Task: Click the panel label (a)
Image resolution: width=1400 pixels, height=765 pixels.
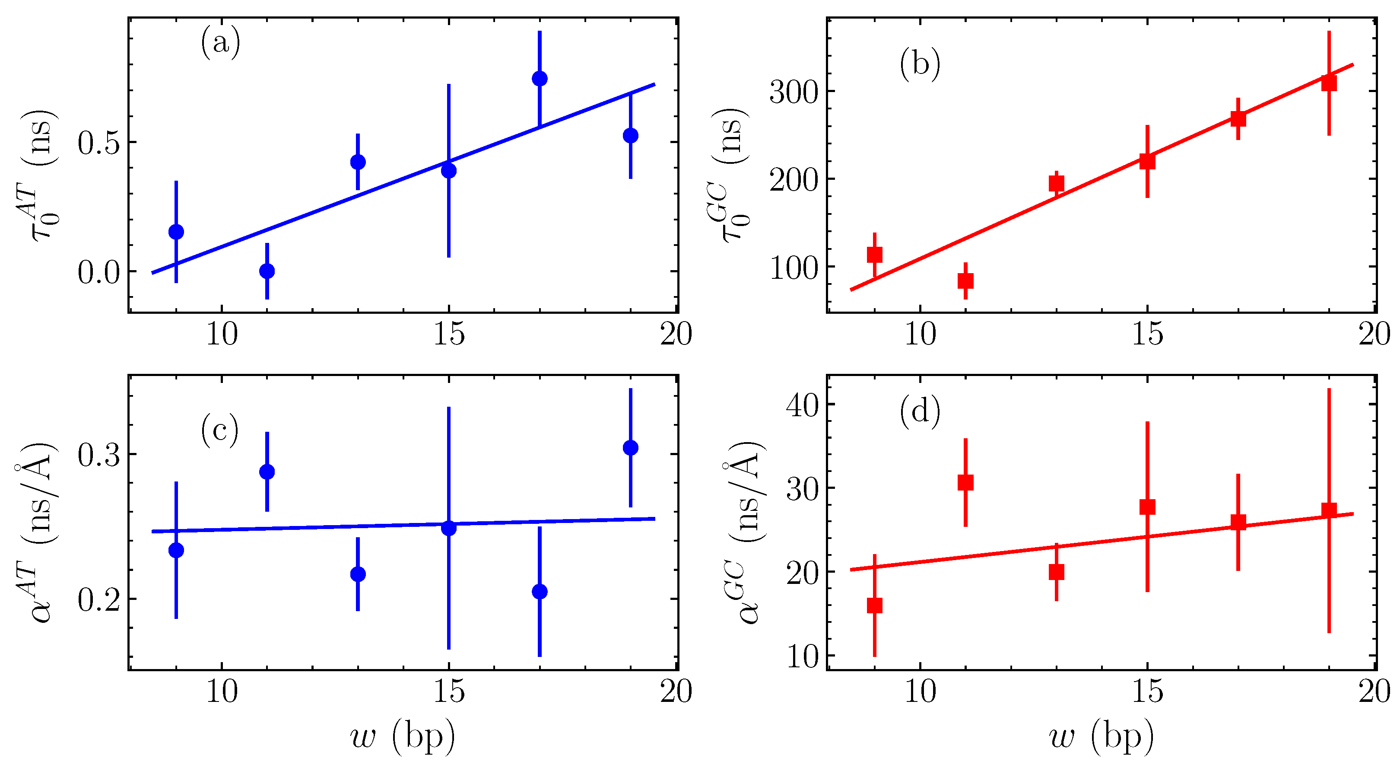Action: [220, 43]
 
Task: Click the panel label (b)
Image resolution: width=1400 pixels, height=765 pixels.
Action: [920, 64]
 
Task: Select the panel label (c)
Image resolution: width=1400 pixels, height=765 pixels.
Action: [219, 430]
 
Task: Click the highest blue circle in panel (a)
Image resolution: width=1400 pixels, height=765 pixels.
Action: [539, 78]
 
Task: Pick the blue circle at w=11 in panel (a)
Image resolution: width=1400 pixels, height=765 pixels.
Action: [267, 271]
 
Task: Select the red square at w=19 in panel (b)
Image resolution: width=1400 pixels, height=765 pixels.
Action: [1329, 83]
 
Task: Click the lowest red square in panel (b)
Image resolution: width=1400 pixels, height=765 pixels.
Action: [965, 280]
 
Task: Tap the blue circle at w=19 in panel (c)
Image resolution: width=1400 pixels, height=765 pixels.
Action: [630, 447]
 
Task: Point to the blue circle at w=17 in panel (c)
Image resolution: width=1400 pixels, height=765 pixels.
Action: [539, 592]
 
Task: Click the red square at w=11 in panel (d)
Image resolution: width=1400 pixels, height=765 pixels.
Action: [965, 482]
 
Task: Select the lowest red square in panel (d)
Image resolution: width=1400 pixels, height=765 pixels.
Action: [874, 605]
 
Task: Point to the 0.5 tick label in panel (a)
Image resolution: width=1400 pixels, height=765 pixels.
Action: [98, 143]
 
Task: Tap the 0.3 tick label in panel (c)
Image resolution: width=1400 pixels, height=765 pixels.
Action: [98, 455]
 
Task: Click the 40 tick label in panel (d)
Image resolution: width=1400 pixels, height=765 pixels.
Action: [802, 405]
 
